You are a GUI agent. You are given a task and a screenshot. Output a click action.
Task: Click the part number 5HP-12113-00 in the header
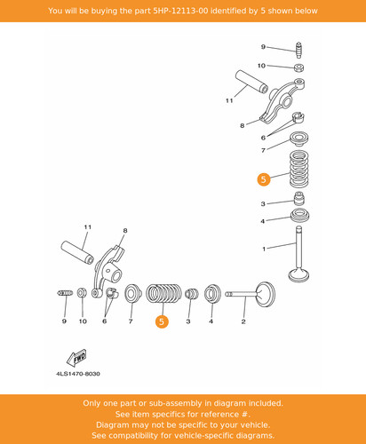click(x=180, y=11)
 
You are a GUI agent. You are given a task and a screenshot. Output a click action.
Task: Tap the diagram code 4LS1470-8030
click(x=78, y=374)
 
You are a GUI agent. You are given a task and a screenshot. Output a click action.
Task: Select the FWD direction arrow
click(x=76, y=357)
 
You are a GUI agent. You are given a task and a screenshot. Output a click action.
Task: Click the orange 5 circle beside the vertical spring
click(x=263, y=179)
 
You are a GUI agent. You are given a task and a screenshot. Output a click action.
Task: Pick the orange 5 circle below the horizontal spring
click(x=162, y=321)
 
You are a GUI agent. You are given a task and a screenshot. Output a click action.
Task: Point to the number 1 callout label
click(x=264, y=249)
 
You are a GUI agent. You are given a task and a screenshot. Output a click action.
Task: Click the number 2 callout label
click(x=243, y=321)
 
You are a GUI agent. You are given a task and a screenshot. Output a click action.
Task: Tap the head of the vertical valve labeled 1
click(x=298, y=274)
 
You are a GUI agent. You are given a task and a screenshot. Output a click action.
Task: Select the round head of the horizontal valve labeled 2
click(x=266, y=295)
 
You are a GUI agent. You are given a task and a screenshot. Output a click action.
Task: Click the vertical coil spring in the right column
click(x=298, y=169)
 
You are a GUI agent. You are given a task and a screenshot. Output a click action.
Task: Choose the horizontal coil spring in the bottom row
click(x=163, y=293)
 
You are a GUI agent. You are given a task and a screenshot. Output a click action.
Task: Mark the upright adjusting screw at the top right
click(x=299, y=51)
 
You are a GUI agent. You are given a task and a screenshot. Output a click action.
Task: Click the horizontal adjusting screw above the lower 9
click(x=65, y=293)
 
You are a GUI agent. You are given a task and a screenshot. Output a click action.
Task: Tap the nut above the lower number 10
click(x=82, y=293)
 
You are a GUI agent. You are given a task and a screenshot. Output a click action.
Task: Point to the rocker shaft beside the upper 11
click(x=251, y=82)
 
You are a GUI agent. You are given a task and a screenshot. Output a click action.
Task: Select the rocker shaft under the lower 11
click(x=77, y=252)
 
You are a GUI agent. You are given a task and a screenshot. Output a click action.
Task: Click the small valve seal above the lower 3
click(x=191, y=293)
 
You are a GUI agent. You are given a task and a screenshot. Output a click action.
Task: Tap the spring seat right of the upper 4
click(x=300, y=216)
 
